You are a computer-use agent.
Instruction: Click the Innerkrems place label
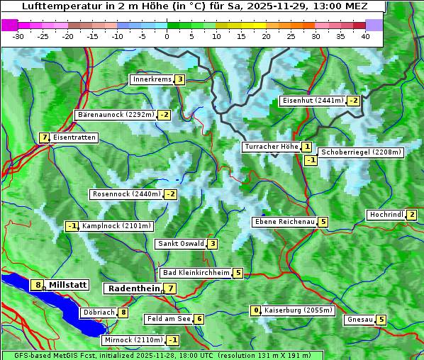(152, 79)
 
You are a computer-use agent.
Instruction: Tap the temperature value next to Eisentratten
(44, 137)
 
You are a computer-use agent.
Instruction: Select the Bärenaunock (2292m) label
(116, 114)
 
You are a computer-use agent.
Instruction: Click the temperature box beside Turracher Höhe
(306, 147)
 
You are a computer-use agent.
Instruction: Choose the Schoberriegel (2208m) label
(361, 152)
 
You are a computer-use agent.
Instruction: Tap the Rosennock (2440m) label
(127, 194)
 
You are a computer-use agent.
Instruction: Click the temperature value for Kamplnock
(72, 227)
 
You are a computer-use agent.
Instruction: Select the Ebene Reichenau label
(284, 222)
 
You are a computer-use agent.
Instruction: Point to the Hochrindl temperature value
(412, 215)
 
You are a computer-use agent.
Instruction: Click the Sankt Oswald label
(180, 244)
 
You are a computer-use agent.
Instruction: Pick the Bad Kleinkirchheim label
(196, 273)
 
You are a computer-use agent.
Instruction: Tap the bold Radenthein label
(133, 288)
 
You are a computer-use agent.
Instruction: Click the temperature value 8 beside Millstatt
(38, 285)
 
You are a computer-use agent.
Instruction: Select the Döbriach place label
(98, 312)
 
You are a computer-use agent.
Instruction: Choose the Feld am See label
(168, 319)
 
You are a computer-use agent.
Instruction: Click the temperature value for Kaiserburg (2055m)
(256, 310)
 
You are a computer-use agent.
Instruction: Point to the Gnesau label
(359, 320)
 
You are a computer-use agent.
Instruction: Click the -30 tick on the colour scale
(18, 35)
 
